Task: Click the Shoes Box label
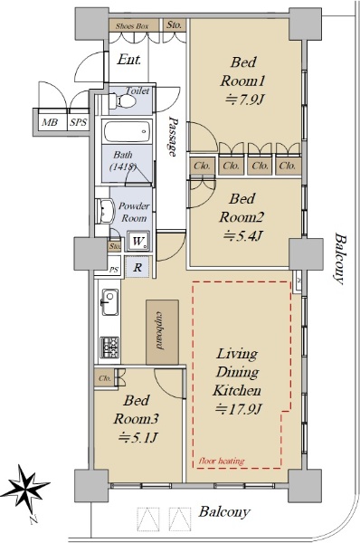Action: click(x=131, y=26)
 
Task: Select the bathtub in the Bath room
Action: click(x=128, y=131)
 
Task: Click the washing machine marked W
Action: click(x=137, y=241)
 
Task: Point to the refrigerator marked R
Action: click(x=137, y=267)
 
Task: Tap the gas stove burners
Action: click(x=109, y=348)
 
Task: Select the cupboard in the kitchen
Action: click(x=162, y=332)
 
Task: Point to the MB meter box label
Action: click(x=50, y=122)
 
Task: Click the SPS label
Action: click(x=78, y=122)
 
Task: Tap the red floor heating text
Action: click(x=222, y=461)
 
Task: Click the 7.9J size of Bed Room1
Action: click(x=245, y=100)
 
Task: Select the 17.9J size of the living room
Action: click(x=238, y=409)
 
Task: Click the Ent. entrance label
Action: click(x=129, y=60)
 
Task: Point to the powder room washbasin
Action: click(x=105, y=211)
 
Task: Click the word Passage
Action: click(x=173, y=136)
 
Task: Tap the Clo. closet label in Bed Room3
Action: click(x=105, y=378)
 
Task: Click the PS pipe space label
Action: click(x=114, y=270)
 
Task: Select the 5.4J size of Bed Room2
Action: click(x=243, y=236)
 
